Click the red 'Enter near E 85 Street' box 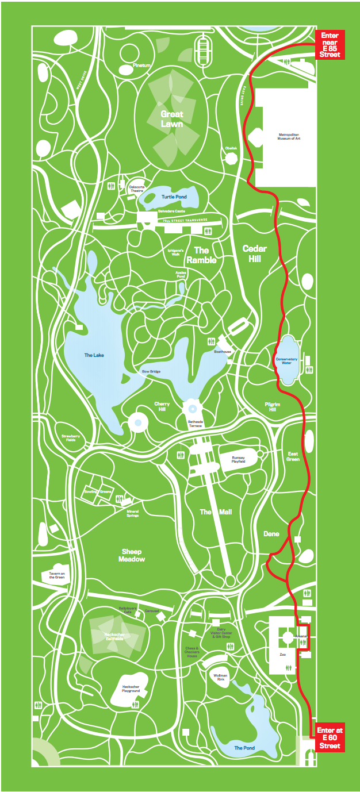click(x=330, y=45)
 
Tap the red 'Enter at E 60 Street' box click(x=331, y=738)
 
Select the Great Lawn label click(x=172, y=119)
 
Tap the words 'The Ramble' click(x=205, y=255)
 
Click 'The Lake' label click(x=94, y=355)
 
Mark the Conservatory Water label click(x=287, y=361)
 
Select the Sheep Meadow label click(x=132, y=555)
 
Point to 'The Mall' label click(x=216, y=512)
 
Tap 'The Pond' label click(x=244, y=748)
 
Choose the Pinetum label click(x=141, y=66)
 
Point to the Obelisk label click(x=231, y=148)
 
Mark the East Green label click(x=293, y=456)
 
